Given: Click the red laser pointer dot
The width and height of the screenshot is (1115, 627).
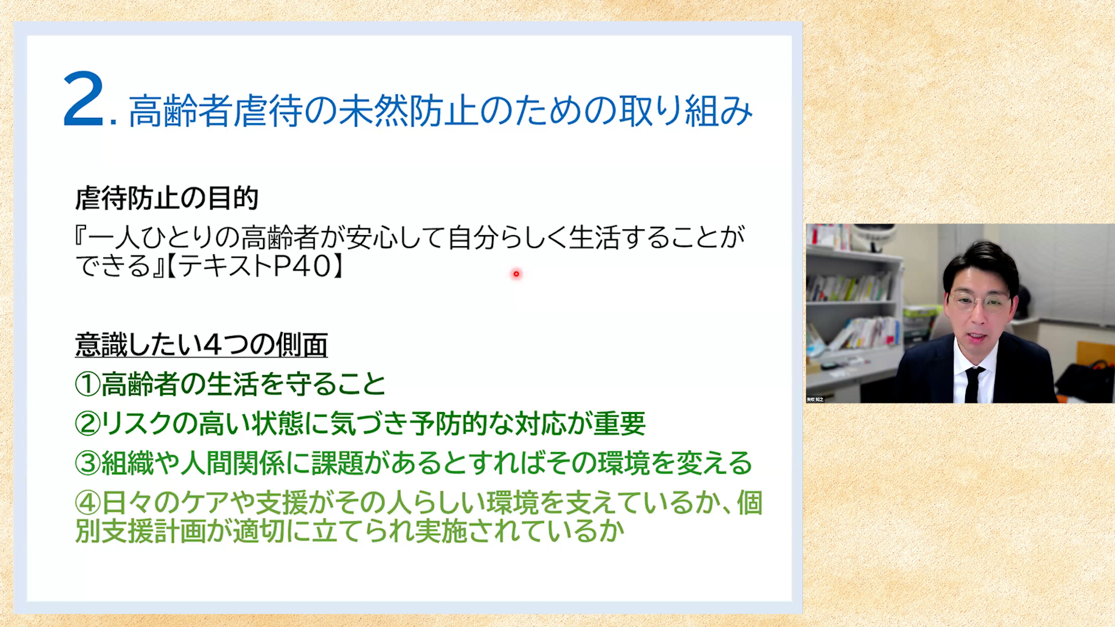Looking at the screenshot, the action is [516, 274].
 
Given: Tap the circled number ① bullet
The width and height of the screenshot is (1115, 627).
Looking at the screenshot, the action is [88, 384].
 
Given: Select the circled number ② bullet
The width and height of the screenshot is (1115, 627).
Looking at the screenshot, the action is [88, 424].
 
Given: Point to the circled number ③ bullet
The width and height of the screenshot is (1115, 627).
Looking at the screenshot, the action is [88, 463].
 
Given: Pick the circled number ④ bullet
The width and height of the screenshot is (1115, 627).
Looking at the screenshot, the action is [88, 503].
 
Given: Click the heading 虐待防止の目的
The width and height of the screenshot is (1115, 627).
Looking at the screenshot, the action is [167, 199].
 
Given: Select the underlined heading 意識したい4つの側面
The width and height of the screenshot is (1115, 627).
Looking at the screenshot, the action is [202, 345].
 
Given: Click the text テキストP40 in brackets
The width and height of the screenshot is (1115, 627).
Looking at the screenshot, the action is [254, 266].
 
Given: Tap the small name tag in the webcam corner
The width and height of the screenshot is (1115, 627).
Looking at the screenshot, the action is [815, 399].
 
